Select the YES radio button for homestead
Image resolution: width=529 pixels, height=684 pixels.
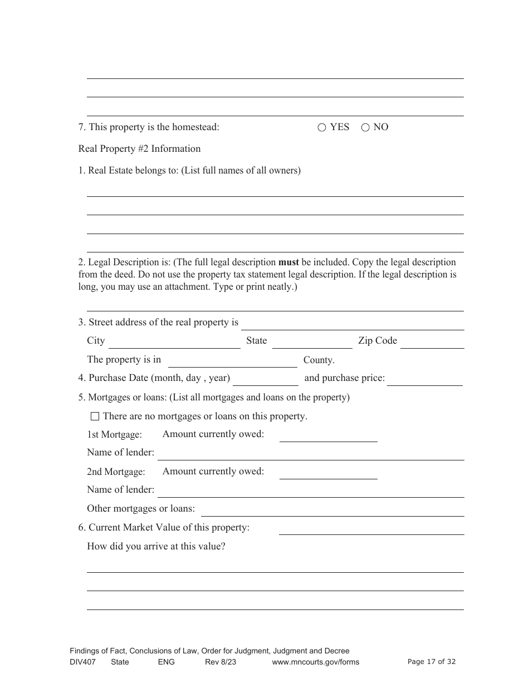(322, 127)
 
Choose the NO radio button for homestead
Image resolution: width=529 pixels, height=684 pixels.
(365, 127)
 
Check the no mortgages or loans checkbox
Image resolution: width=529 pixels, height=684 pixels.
(95, 416)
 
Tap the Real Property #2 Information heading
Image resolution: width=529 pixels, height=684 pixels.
(139, 148)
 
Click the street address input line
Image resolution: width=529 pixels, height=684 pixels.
(352, 324)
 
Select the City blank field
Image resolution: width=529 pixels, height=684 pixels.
(174, 342)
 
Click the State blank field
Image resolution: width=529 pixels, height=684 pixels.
(312, 342)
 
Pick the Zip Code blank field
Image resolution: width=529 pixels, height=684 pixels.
(432, 342)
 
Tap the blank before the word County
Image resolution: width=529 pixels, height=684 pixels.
(232, 361)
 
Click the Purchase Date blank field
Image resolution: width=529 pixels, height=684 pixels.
(266, 379)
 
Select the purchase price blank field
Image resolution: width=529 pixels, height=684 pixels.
(425, 379)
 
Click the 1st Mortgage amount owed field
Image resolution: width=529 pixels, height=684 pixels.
(328, 435)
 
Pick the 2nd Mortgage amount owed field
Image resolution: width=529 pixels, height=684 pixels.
(328, 473)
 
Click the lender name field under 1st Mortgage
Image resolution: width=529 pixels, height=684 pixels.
(311, 454)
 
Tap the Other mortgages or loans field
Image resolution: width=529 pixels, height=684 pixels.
(332, 509)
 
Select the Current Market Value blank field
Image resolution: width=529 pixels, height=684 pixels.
(371, 528)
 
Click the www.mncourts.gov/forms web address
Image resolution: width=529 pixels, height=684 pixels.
(315, 662)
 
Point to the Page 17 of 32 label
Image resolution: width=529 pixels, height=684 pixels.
(432, 662)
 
